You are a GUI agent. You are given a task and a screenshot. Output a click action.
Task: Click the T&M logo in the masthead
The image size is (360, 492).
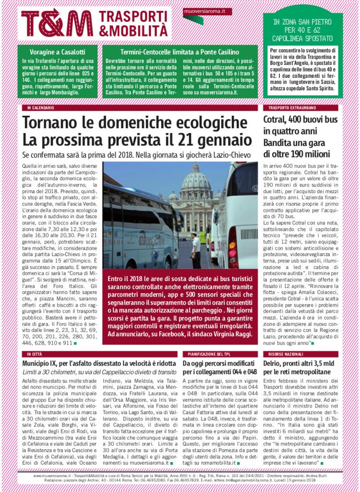pos(57,23)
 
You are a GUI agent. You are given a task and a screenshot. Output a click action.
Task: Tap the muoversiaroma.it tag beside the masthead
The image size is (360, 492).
pos(207,11)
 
